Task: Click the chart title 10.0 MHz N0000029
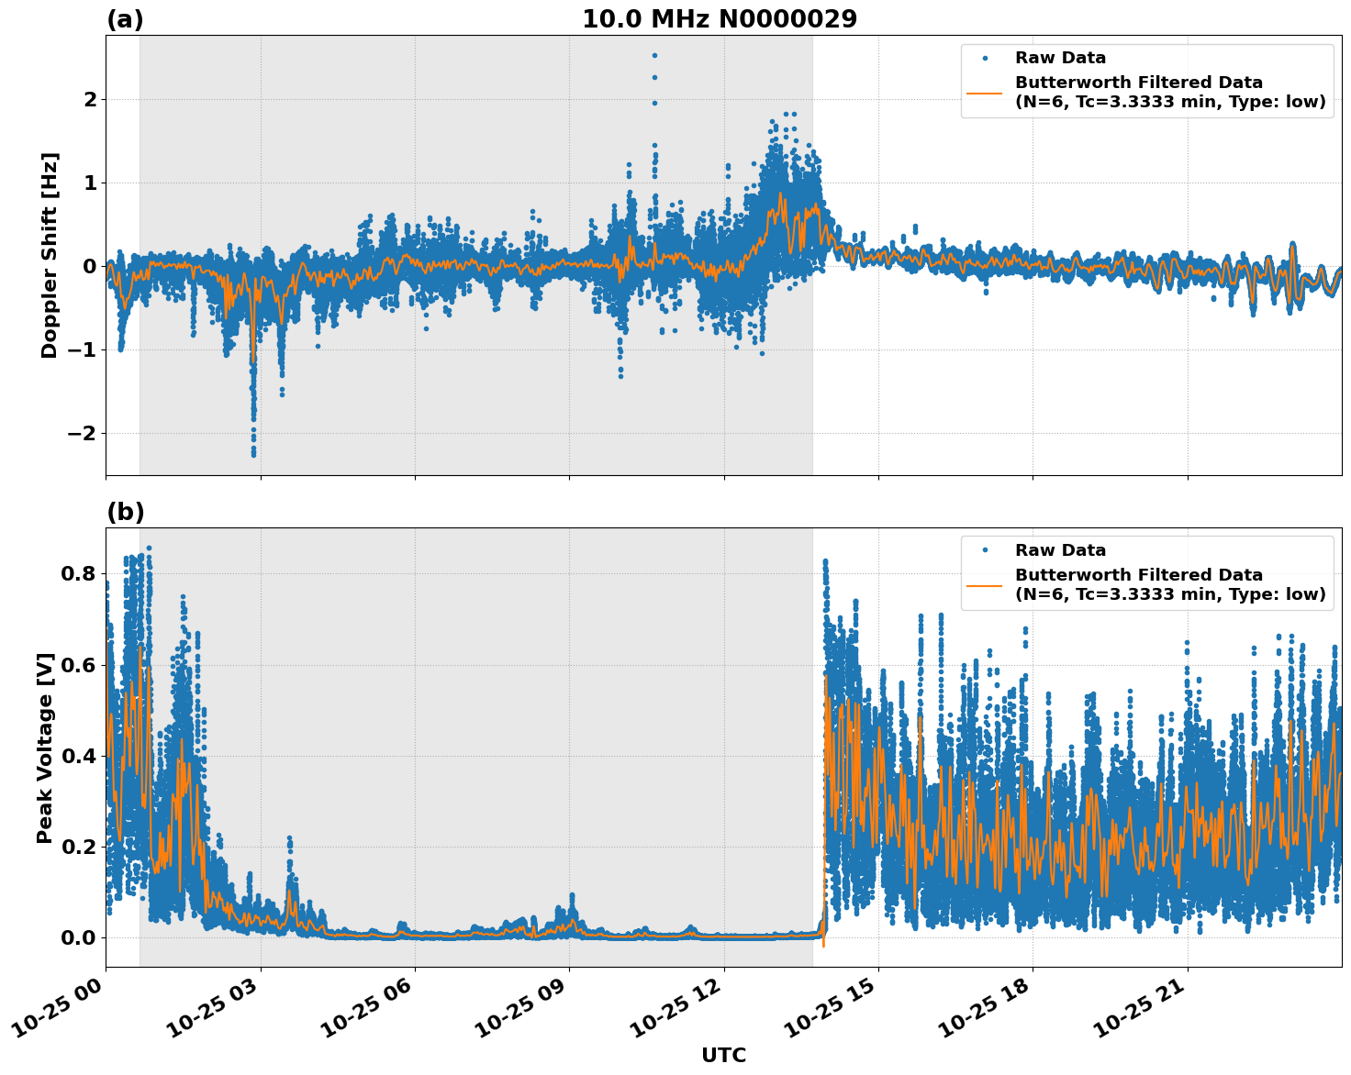coord(720,19)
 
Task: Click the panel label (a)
coord(125,19)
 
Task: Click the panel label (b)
coord(125,512)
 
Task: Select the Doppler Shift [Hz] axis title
coord(50,255)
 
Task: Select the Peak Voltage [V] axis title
coord(45,748)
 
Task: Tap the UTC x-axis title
coord(723,1055)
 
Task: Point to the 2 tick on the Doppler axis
coord(90,99)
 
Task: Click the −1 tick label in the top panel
coord(83,349)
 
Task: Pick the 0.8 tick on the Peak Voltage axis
coord(77,574)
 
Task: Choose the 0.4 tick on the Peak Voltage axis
coord(77,756)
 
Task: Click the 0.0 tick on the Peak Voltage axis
coord(77,937)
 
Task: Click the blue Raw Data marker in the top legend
coord(985,58)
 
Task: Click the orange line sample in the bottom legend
coord(985,584)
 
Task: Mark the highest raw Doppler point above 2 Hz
coord(654,55)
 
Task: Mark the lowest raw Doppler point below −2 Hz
coord(253,454)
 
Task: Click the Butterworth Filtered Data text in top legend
coord(1138,83)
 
